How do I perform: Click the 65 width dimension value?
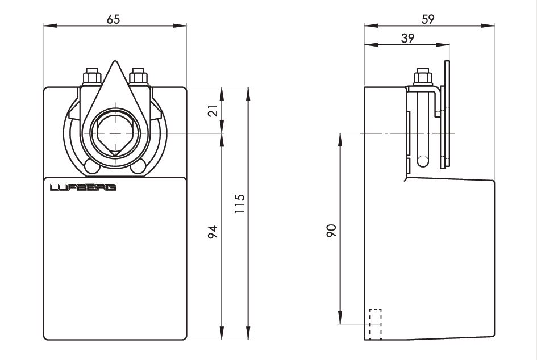[113, 19]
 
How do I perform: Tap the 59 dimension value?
[428, 19]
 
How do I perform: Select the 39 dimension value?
[407, 38]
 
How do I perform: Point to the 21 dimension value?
[213, 111]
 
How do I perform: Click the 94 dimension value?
[213, 232]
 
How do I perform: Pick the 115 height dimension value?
[240, 204]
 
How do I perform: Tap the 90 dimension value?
[331, 231]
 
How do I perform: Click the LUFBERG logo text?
[83, 187]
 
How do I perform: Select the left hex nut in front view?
[92, 77]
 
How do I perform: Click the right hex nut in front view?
[138, 77]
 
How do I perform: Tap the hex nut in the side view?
[423, 77]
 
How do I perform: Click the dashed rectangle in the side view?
[376, 324]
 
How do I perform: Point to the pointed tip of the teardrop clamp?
[115, 61]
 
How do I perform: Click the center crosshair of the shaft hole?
[115, 133]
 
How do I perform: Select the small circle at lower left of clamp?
[92, 166]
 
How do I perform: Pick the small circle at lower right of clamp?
[138, 166]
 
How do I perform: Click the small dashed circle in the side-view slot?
[423, 161]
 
